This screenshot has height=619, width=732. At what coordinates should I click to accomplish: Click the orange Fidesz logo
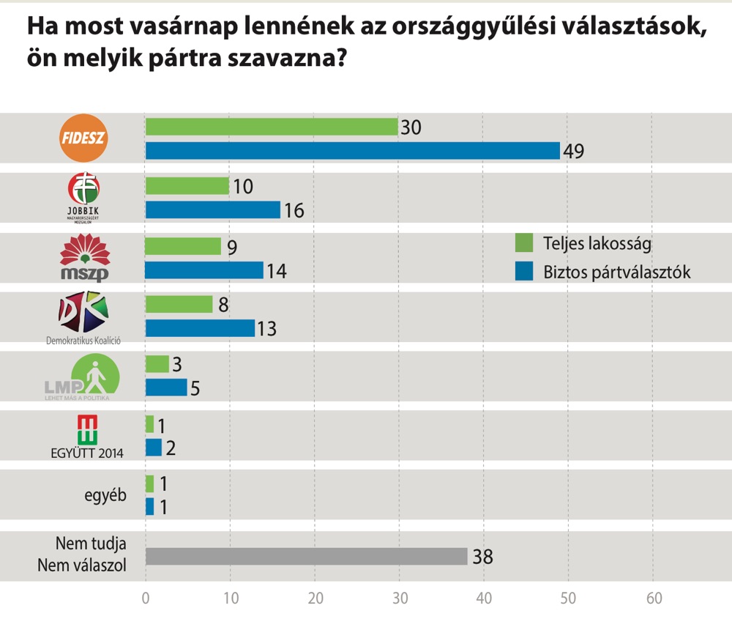(x=83, y=138)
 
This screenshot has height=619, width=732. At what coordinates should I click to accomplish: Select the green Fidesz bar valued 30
(x=272, y=127)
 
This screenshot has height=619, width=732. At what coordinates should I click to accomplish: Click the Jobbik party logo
(x=83, y=194)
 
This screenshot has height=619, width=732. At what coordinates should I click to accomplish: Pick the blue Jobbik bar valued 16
(x=213, y=210)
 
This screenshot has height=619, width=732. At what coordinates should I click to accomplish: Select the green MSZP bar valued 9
(x=183, y=247)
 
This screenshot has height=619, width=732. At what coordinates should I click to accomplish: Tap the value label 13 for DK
(x=266, y=329)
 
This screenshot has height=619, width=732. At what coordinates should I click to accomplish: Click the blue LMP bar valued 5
(x=166, y=388)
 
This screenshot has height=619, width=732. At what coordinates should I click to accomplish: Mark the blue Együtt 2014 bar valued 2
(x=154, y=448)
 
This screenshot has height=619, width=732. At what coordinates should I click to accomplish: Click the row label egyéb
(x=105, y=495)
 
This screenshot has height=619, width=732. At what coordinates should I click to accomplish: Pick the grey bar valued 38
(x=306, y=557)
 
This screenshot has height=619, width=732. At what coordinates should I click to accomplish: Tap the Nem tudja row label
(x=91, y=544)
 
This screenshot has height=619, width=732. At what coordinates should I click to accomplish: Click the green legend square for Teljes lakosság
(x=524, y=242)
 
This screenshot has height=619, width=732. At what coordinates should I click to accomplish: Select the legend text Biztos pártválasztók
(x=617, y=272)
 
